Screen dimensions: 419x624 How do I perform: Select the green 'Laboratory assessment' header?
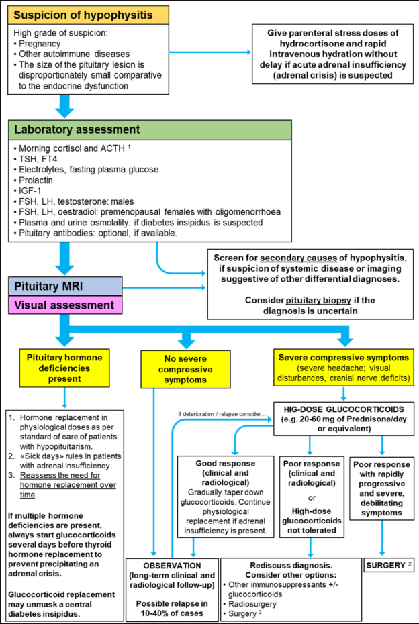click(x=150, y=129)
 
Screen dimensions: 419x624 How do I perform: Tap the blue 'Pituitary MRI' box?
click(x=65, y=287)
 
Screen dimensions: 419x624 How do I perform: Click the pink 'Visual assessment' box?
click(x=65, y=305)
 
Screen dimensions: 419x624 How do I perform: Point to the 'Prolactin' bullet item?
click(x=36, y=180)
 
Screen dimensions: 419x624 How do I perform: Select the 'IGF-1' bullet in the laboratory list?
click(x=30, y=191)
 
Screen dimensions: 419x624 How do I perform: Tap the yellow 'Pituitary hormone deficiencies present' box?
click(x=64, y=368)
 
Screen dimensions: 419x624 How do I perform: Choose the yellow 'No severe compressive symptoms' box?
click(x=185, y=369)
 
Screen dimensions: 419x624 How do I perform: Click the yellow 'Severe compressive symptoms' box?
click(x=344, y=368)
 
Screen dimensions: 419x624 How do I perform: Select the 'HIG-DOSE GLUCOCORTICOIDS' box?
click(x=344, y=419)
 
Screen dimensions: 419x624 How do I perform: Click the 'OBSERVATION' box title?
click(x=173, y=566)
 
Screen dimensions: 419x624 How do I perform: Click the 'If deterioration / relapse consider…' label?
click(x=222, y=414)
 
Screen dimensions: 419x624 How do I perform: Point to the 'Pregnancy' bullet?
click(x=40, y=44)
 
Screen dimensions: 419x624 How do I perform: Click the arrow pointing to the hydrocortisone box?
click(x=210, y=52)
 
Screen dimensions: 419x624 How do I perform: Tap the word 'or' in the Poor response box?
click(x=312, y=497)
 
